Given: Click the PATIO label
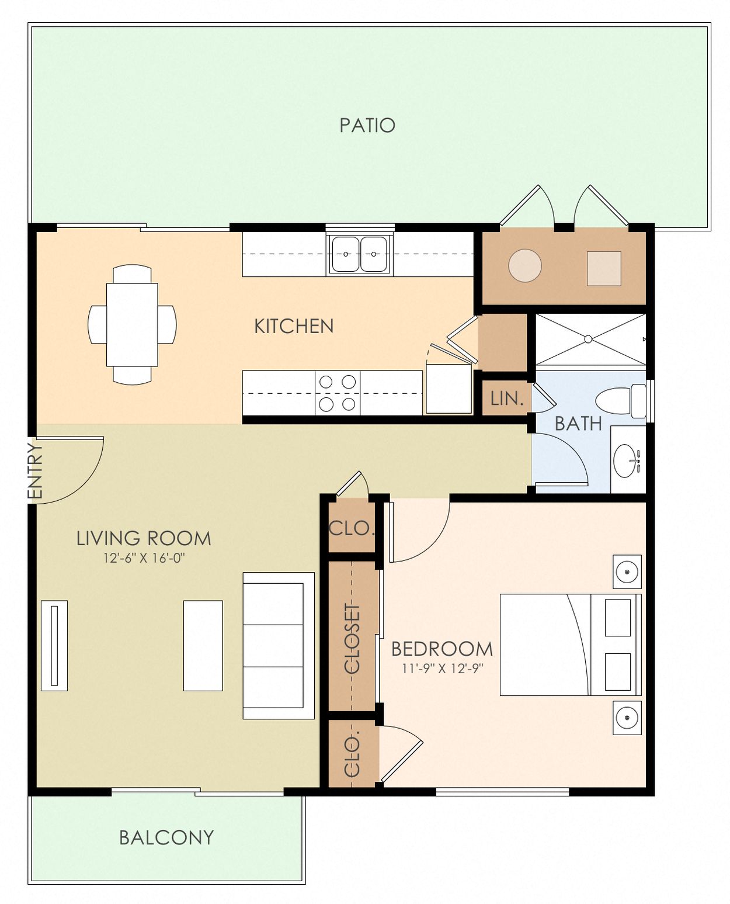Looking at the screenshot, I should (x=367, y=125).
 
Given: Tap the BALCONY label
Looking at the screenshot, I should (x=166, y=837).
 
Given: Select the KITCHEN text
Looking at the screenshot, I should (x=294, y=326).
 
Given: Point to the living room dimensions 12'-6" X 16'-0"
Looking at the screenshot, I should (x=144, y=558).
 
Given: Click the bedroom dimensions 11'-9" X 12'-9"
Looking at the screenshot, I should (x=442, y=669).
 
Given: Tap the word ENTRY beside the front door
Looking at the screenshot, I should (x=36, y=471).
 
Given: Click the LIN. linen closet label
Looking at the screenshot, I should (x=506, y=399).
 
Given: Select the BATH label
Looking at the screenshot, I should (x=578, y=423).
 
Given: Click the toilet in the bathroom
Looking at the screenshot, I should (x=619, y=401).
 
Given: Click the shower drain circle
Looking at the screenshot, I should (x=588, y=339).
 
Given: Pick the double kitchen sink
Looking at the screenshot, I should (x=359, y=254).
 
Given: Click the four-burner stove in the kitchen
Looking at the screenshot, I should (x=337, y=393).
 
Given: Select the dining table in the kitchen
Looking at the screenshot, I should (x=132, y=324).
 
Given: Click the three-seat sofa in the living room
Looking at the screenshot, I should (x=279, y=645).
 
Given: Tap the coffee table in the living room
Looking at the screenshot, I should (x=203, y=645).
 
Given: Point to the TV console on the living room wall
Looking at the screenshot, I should (x=54, y=645).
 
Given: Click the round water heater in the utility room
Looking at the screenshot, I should (x=524, y=266).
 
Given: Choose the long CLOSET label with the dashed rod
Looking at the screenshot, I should (x=352, y=638).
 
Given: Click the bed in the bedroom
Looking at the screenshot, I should (x=569, y=645).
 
